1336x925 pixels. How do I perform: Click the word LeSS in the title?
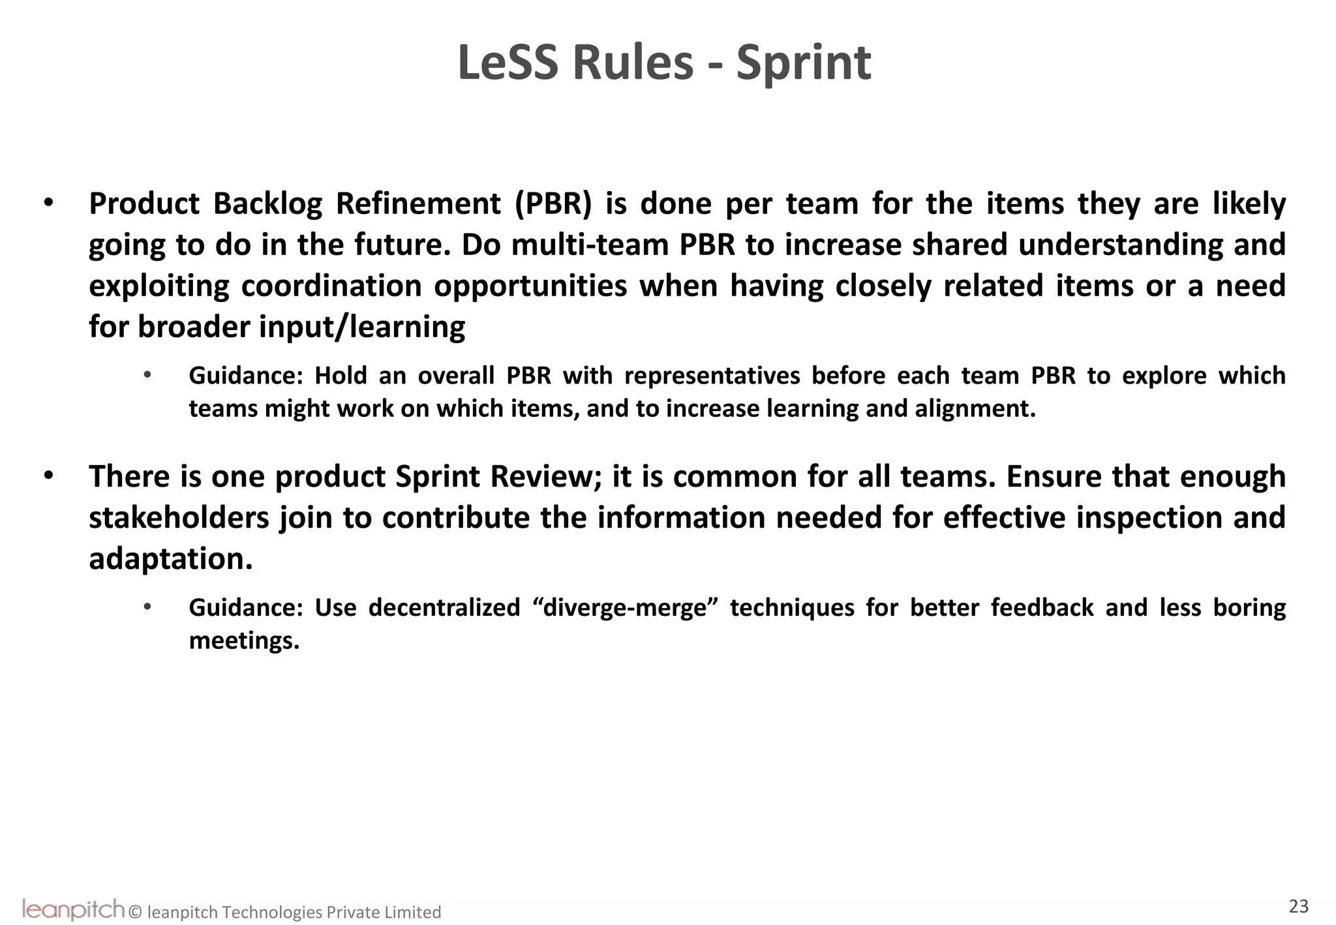tap(509, 63)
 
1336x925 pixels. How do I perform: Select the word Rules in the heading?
tap(632, 63)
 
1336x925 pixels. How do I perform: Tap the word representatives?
tap(712, 376)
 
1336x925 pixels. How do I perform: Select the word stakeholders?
tap(179, 517)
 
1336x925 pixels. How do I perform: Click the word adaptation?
tap(170, 558)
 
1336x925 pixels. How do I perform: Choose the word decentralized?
tap(444, 608)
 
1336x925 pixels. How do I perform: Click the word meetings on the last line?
tap(244, 641)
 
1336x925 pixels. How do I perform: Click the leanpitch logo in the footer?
tap(73, 909)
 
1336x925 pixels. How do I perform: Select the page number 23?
tap(1298, 906)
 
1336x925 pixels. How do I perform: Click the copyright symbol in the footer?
tap(135, 912)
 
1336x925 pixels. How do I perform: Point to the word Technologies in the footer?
tap(272, 912)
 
